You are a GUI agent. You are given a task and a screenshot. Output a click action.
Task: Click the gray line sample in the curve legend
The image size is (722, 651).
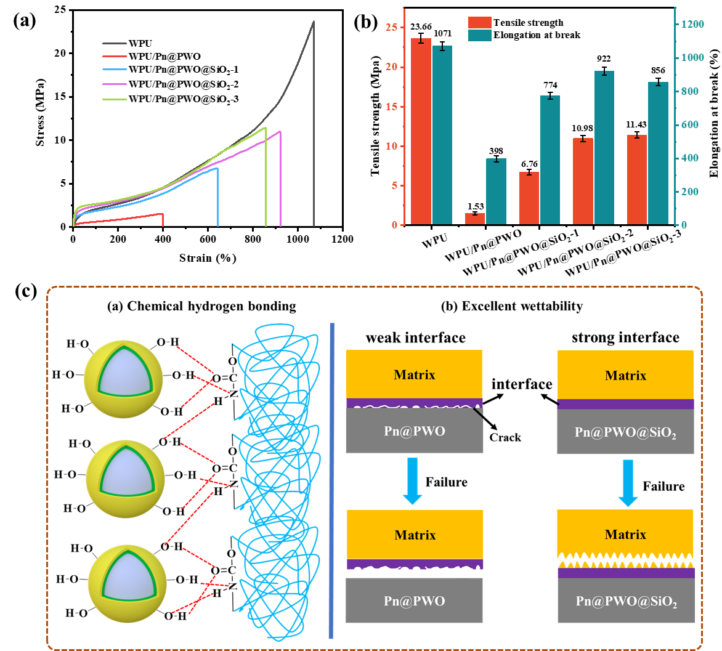[x=115, y=44]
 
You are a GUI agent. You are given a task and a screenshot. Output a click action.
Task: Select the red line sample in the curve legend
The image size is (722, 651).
[x=115, y=56]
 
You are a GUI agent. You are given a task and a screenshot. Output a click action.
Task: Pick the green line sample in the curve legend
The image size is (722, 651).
[x=115, y=99]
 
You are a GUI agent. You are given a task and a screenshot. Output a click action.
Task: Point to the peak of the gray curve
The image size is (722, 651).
[x=314, y=22]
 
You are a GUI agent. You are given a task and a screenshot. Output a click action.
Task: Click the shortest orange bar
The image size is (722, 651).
[x=475, y=219]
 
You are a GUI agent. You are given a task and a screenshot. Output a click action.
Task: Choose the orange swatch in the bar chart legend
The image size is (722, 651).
[x=480, y=22]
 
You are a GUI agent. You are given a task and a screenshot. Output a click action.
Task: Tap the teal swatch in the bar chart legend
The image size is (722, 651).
[x=480, y=35]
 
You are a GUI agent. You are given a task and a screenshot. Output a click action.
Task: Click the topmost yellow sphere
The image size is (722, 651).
[x=123, y=379]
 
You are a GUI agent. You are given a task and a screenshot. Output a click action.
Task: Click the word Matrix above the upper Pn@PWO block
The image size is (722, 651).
[x=415, y=374]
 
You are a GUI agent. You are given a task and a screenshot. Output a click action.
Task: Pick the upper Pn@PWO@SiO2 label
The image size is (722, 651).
[x=625, y=432]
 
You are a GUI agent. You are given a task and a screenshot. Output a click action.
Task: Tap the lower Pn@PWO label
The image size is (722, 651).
[x=414, y=600]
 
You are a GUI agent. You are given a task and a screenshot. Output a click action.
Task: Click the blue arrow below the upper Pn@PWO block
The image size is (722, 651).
[x=412, y=480]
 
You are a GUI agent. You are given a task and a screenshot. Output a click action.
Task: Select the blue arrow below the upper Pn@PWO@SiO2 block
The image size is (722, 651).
[x=627, y=483]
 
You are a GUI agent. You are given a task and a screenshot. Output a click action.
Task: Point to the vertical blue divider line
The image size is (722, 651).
[x=331, y=480]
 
